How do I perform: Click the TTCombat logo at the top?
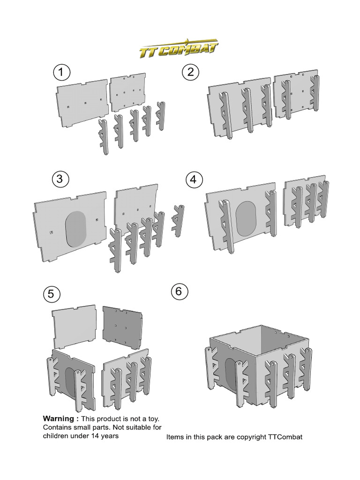coord(179,49)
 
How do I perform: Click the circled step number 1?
coord(61,73)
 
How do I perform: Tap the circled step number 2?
coord(191,72)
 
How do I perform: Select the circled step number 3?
coord(61,179)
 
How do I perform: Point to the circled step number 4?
coord(194,180)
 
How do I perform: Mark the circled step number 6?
coord(180,291)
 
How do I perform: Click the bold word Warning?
coord(59,419)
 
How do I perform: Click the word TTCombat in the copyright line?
coord(285,437)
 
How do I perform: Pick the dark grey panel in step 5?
coord(121,326)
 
